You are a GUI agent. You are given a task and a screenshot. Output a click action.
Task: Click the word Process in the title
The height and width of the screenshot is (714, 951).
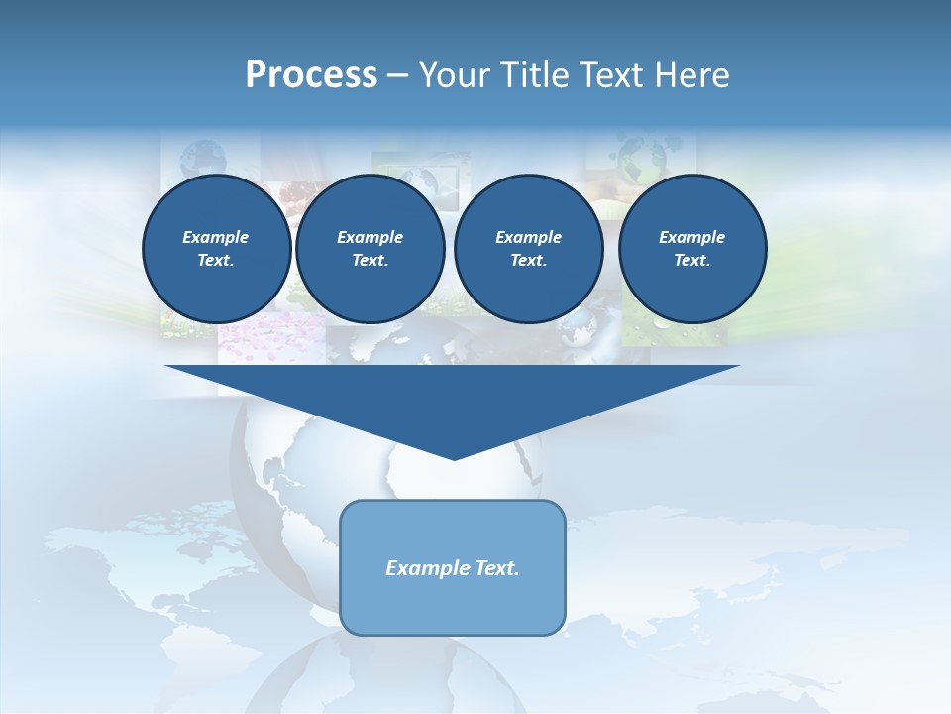coord(311,75)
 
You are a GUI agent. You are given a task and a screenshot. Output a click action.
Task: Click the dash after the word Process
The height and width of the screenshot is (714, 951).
coord(397,76)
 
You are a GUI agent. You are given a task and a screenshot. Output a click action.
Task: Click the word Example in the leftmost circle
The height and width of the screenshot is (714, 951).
coord(216,237)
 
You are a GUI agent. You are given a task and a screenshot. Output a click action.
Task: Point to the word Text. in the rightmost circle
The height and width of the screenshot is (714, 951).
coord(692,261)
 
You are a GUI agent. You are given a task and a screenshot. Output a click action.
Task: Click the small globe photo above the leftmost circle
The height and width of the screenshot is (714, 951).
coord(204,157)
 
